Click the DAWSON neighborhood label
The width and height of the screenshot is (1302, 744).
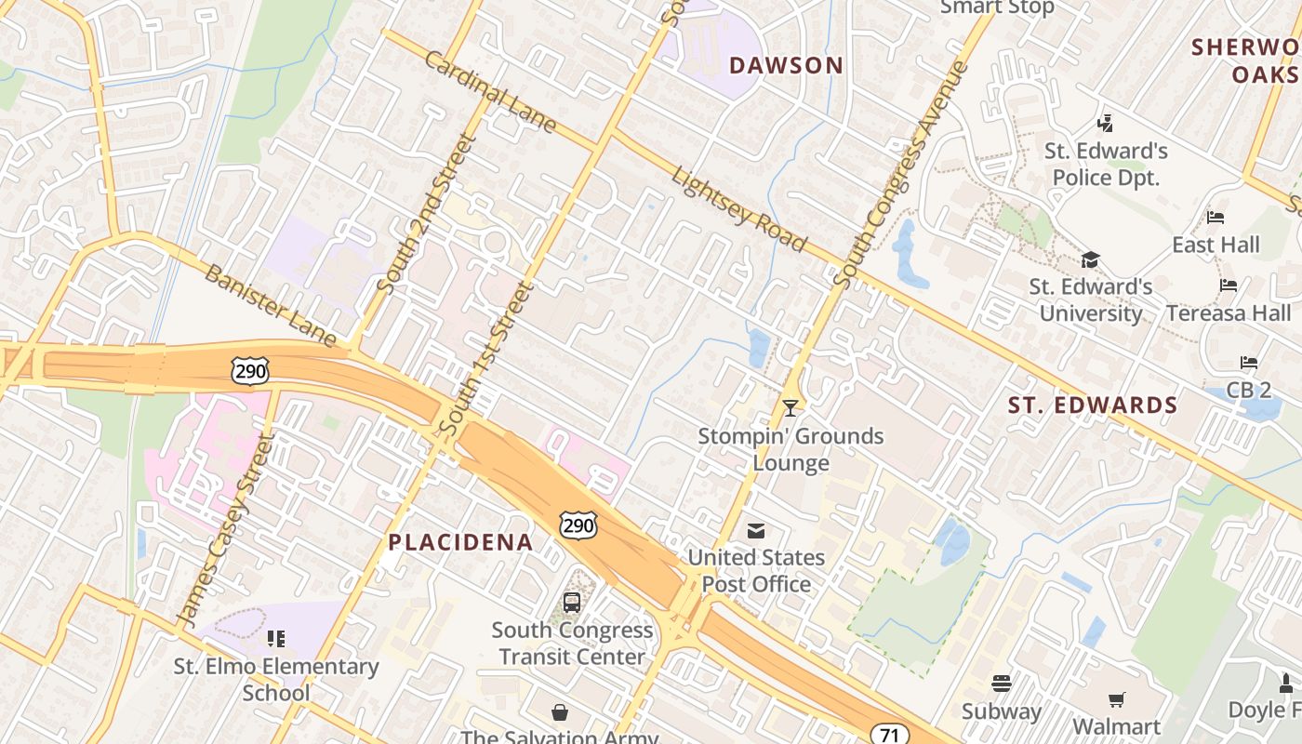click(x=786, y=65)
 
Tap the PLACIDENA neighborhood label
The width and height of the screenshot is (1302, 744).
click(x=460, y=542)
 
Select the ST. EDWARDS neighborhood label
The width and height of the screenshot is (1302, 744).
click(x=1093, y=405)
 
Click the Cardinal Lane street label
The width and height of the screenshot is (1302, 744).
click(x=490, y=92)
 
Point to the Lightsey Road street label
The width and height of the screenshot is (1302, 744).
click(x=738, y=209)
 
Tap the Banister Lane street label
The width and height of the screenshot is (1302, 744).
click(x=270, y=305)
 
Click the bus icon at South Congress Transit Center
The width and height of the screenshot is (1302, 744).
click(x=572, y=603)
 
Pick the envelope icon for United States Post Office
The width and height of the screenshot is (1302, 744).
click(x=756, y=531)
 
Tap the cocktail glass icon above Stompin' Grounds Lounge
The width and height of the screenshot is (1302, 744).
click(x=790, y=407)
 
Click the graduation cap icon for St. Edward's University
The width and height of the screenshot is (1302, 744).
click(x=1090, y=259)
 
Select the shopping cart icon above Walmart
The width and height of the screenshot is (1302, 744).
click(x=1117, y=699)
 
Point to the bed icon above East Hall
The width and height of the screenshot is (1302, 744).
click(x=1216, y=218)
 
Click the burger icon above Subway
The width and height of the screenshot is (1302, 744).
click(x=1002, y=684)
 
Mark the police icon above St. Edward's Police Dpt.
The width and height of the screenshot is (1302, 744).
click(x=1105, y=123)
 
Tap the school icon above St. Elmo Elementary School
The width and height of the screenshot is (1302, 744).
click(x=276, y=638)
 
